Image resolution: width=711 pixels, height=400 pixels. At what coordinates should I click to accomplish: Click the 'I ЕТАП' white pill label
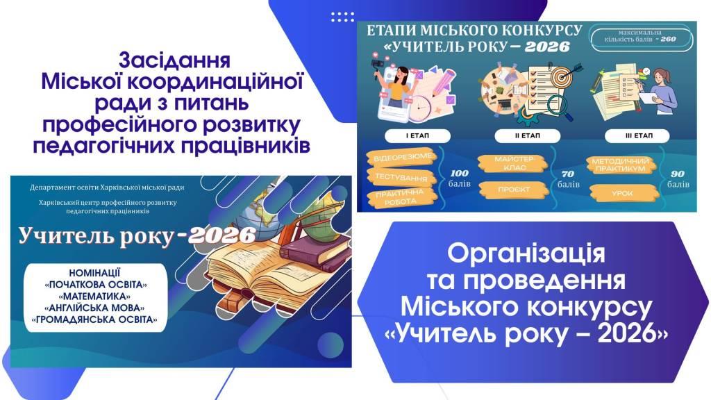coord(417,135)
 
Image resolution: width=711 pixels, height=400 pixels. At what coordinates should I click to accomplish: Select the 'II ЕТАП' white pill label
coord(528,135)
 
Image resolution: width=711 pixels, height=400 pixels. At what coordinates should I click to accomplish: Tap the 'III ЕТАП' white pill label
coord(637,135)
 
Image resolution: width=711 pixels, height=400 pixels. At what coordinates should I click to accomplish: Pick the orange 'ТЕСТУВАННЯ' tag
coord(401,177)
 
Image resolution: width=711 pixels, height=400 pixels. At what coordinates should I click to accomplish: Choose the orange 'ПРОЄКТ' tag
coord(514,190)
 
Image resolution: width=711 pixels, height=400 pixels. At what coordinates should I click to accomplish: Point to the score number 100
coord(460,173)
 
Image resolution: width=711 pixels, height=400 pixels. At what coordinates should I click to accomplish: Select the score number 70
coord(568,174)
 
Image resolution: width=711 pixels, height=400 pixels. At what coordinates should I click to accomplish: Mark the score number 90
coord(678,174)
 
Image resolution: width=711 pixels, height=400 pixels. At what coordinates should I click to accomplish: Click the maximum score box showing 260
coord(641,36)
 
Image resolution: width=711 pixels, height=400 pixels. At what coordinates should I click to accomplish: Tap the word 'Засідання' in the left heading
coord(174,60)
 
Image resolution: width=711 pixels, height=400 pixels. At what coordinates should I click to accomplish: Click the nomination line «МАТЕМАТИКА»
coord(94,296)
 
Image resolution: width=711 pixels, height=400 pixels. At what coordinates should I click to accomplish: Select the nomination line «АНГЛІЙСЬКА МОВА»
coord(94,308)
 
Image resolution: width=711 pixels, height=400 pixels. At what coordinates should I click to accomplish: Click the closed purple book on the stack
coord(316,249)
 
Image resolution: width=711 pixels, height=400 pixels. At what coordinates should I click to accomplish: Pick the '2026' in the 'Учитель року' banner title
coord(222,235)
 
